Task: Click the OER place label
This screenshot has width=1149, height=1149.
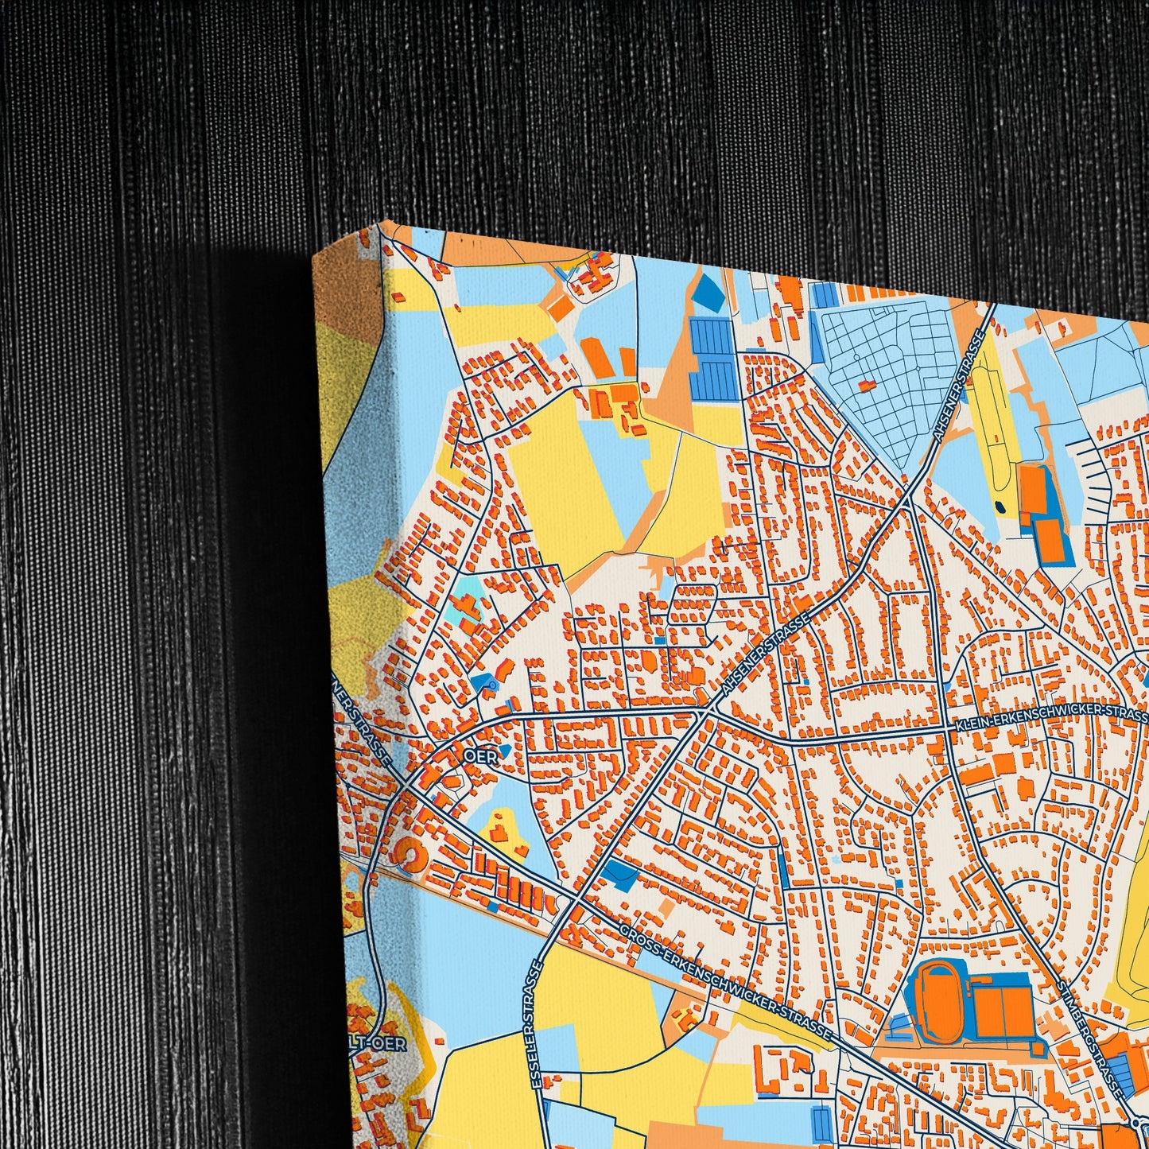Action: tap(481, 757)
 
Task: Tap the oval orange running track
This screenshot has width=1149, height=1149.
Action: tap(938, 995)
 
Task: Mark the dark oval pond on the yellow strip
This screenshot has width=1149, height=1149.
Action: tap(999, 507)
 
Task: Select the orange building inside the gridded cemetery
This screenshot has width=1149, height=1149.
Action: tap(866, 385)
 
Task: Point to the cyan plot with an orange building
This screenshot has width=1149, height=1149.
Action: tap(468, 604)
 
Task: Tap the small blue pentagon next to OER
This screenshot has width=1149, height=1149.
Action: tap(503, 751)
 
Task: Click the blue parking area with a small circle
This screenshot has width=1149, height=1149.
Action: tap(486, 682)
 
